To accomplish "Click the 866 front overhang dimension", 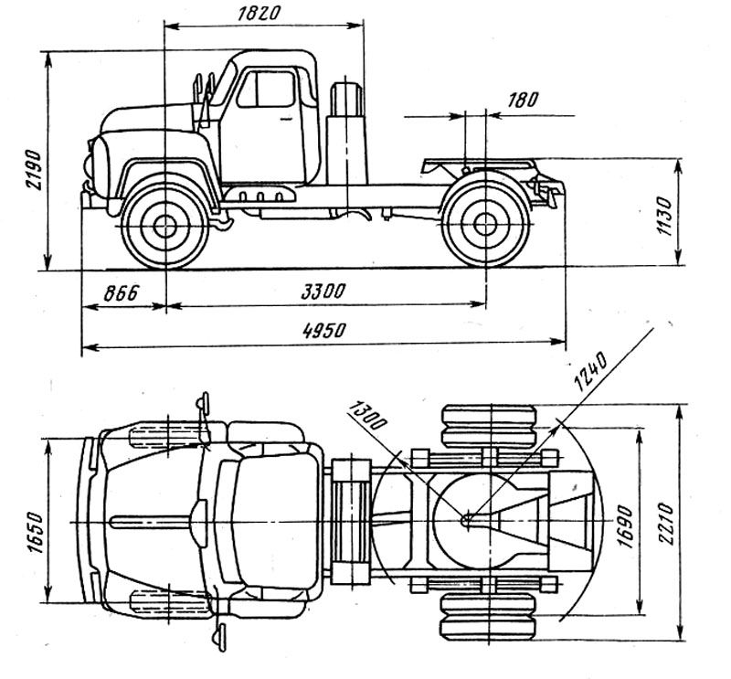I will [x=120, y=293].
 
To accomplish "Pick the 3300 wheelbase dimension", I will [x=323, y=292].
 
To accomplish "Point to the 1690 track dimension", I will [x=625, y=522].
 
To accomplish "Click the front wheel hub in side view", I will [x=164, y=226].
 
